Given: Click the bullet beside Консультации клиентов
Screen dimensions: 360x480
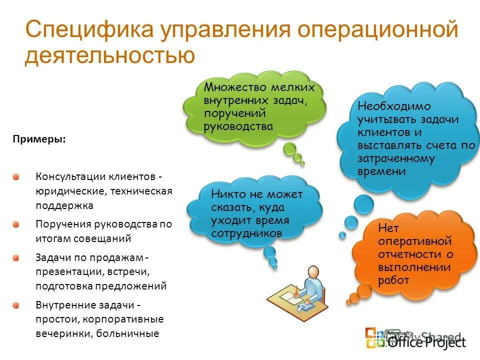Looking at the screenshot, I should coord(16,177).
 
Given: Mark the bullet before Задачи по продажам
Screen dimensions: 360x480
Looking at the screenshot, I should coord(16,257).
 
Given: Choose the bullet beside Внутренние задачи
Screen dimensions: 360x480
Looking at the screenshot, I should coord(16,304).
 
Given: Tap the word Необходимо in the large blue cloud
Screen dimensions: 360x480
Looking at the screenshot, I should coord(387,106).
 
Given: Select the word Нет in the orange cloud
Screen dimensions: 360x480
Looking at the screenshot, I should coord(388,228).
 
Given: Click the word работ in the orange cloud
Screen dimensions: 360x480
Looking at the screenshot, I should coord(394,280).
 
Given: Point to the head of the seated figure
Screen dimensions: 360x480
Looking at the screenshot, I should coord(312,272).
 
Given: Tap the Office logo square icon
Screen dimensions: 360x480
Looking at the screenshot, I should coord(375,337).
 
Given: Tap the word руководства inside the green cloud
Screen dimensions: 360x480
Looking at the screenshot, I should coord(238,126).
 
